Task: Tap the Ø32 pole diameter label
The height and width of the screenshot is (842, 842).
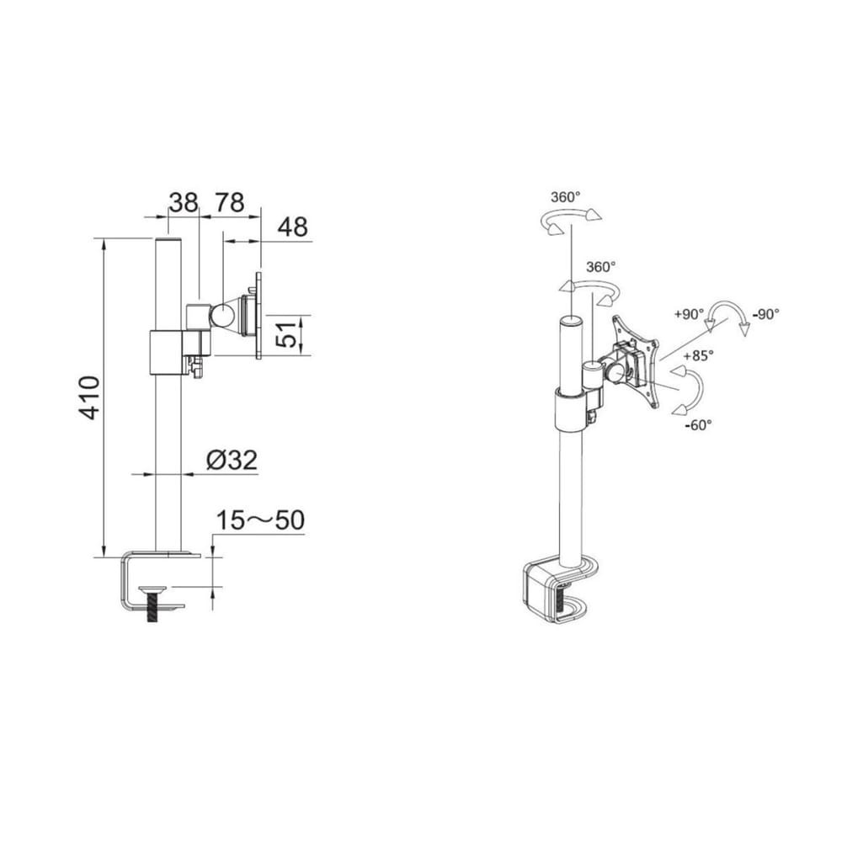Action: coord(232,461)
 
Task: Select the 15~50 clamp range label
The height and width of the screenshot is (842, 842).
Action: coord(260,520)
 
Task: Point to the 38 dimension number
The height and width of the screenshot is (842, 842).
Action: coord(184,202)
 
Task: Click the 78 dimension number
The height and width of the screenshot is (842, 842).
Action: coord(230,202)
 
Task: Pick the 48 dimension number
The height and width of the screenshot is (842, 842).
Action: coord(293,226)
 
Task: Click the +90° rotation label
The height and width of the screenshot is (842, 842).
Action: coord(689,314)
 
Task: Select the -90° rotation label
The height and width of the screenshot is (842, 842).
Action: coord(765,314)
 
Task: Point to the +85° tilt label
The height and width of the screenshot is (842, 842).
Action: coord(699,355)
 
